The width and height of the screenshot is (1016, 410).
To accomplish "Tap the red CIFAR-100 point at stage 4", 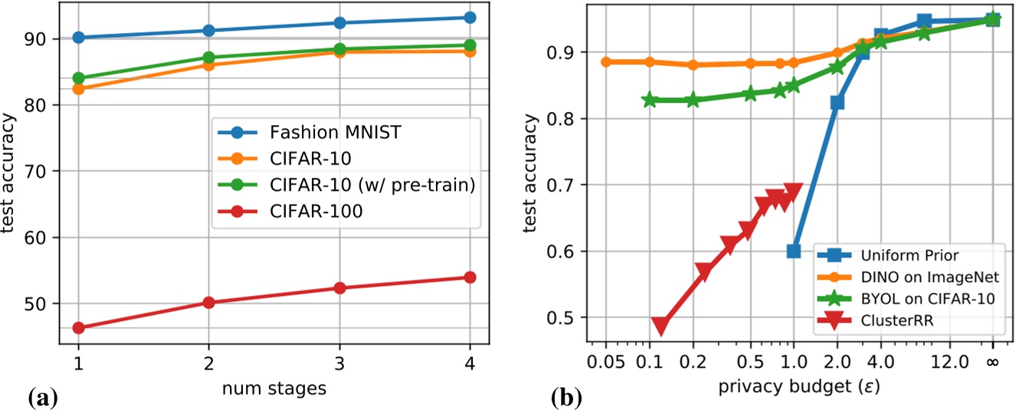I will pos(470,277).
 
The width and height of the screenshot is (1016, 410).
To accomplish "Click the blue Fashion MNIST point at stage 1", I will pos(78,38).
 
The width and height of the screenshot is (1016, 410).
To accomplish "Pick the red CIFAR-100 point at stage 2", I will pos(208,303).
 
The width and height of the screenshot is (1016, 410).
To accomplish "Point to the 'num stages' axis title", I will pos(274,389).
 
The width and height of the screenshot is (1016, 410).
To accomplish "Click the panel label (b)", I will pos(568,397).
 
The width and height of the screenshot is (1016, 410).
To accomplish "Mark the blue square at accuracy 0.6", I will pos(794,251).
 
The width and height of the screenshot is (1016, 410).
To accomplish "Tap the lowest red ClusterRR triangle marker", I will pos(660,325).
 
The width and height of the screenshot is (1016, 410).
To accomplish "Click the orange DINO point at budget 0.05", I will pos(606,62).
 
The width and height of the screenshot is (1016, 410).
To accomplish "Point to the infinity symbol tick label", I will pos(992,359).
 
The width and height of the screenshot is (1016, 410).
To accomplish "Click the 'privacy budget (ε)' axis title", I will pos(798,389).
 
